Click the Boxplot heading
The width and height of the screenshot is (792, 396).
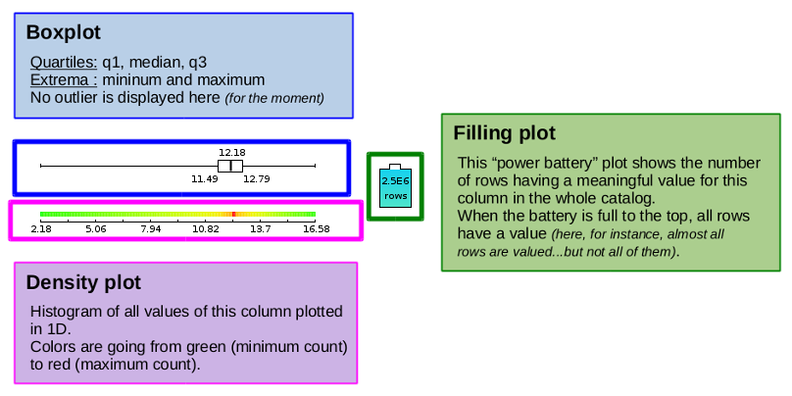click(x=63, y=32)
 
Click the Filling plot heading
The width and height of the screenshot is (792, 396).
click(x=504, y=133)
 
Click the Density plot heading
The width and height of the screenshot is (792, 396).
click(x=83, y=282)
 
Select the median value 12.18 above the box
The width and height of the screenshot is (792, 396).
click(x=232, y=152)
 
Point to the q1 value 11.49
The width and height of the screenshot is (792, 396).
click(x=205, y=178)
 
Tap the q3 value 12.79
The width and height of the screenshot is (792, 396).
click(x=257, y=178)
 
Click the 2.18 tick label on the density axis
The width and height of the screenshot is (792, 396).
click(x=40, y=229)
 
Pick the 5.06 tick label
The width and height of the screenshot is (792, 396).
click(x=95, y=229)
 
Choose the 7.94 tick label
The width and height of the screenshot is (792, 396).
click(x=151, y=229)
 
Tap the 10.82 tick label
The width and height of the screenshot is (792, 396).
click(x=206, y=229)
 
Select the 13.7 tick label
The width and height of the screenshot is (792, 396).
click(x=261, y=229)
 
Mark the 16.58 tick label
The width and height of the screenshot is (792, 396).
click(x=316, y=229)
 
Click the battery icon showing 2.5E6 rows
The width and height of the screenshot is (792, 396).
click(x=395, y=186)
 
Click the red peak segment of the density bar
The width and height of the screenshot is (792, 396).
click(x=234, y=214)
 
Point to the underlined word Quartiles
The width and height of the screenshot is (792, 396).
click(x=64, y=63)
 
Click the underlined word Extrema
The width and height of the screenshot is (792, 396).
click(x=64, y=80)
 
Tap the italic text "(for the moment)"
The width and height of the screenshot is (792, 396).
click(x=274, y=98)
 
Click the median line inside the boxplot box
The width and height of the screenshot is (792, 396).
click(x=230, y=166)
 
